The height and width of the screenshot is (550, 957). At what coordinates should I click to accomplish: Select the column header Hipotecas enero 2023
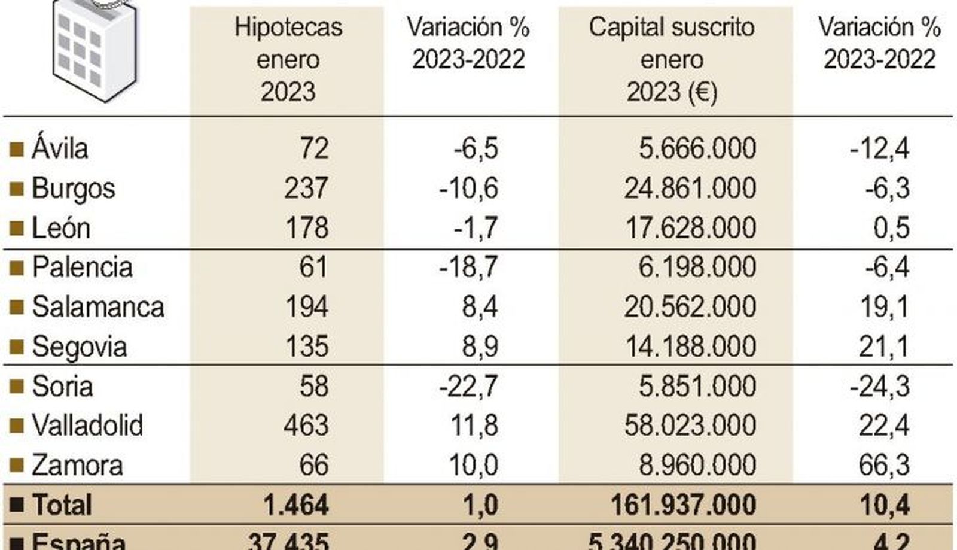pos(288,59)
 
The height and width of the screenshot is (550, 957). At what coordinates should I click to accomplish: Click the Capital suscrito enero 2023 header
pos(671,59)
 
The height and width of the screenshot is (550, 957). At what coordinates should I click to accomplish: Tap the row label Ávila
pos(60,148)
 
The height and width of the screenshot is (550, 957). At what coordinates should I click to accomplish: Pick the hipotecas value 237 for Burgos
pos(306,188)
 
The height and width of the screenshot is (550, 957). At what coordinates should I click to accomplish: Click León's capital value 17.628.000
pos(690,228)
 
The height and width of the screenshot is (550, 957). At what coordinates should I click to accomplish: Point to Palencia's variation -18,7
pos(468,267)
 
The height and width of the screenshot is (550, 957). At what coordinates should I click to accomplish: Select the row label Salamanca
pos(97,307)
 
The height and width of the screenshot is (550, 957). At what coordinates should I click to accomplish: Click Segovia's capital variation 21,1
pos(883,347)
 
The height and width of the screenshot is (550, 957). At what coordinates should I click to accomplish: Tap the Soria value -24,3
pos(879,386)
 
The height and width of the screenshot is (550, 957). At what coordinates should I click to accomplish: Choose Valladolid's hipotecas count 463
pos(306,426)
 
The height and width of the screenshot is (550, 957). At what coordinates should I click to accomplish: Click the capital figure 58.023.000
pos(690,426)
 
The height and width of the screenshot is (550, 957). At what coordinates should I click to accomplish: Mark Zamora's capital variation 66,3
pos(883,465)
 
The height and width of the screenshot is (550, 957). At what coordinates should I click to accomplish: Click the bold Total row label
pos(62,505)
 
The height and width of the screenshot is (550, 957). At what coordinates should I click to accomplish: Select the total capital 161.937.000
pos(683,505)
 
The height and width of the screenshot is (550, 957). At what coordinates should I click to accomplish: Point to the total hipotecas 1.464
pos(295,505)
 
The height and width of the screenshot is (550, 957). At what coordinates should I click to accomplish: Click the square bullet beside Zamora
pos(17,465)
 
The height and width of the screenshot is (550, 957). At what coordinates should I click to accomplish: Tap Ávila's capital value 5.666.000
pos(697,148)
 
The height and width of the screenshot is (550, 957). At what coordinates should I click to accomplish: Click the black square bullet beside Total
pos(17,505)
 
